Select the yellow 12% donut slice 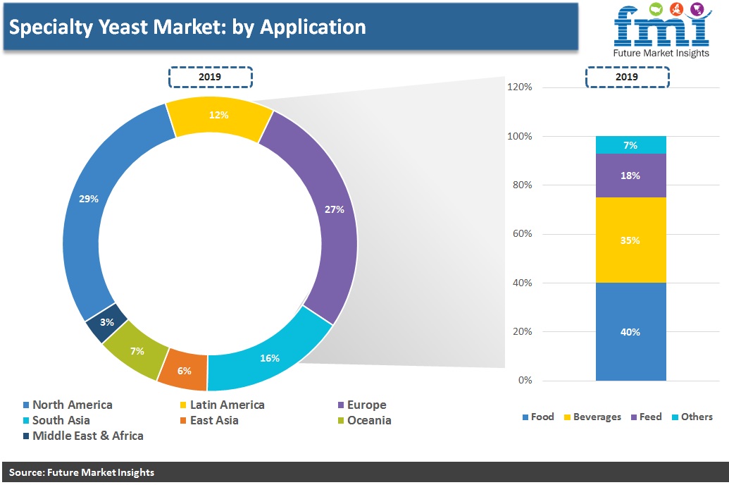pos(218,116)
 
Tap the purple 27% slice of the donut pos(332,209)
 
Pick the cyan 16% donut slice pos(270,358)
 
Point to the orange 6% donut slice pos(184,371)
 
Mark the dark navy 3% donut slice pos(107,323)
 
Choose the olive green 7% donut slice pos(136,350)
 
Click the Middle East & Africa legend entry pos(83,436)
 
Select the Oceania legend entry pos(365,420)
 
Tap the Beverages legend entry pos(592,417)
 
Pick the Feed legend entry pos(647,417)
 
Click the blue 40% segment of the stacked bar pos(631,332)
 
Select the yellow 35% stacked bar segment pos(631,240)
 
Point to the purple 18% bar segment pos(631,176)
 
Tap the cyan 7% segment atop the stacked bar pos(631,145)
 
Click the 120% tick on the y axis pos(519,87)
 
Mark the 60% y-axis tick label pos(522,233)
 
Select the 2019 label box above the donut pos(210,78)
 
